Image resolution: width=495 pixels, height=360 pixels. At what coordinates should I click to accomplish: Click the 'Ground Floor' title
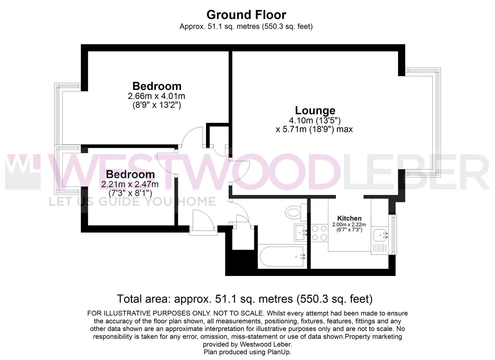click(246, 15)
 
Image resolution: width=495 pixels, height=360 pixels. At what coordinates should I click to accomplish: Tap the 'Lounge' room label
click(315, 110)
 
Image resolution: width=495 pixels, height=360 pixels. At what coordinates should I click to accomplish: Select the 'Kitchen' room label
click(349, 218)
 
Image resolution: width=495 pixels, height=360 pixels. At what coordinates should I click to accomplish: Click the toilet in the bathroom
click(293, 211)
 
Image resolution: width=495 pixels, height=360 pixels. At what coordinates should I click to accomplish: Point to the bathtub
click(282, 257)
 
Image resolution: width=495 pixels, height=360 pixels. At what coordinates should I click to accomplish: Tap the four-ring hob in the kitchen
click(319, 233)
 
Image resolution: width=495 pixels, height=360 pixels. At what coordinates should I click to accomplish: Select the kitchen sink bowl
click(380, 235)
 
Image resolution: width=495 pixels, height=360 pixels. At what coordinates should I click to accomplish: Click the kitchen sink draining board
click(380, 248)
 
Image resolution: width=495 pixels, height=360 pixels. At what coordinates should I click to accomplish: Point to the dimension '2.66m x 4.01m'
click(156, 96)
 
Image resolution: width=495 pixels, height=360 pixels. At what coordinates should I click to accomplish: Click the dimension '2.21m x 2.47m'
click(130, 184)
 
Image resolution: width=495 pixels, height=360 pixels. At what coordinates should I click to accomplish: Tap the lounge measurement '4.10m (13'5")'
click(315, 120)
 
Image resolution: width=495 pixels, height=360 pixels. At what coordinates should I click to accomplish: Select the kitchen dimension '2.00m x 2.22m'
click(349, 225)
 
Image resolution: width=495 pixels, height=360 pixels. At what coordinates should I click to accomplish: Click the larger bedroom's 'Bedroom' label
click(157, 86)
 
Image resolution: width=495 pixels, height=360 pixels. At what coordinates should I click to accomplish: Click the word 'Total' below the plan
click(130, 299)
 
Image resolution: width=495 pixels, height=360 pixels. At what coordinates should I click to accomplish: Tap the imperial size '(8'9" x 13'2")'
click(156, 105)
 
